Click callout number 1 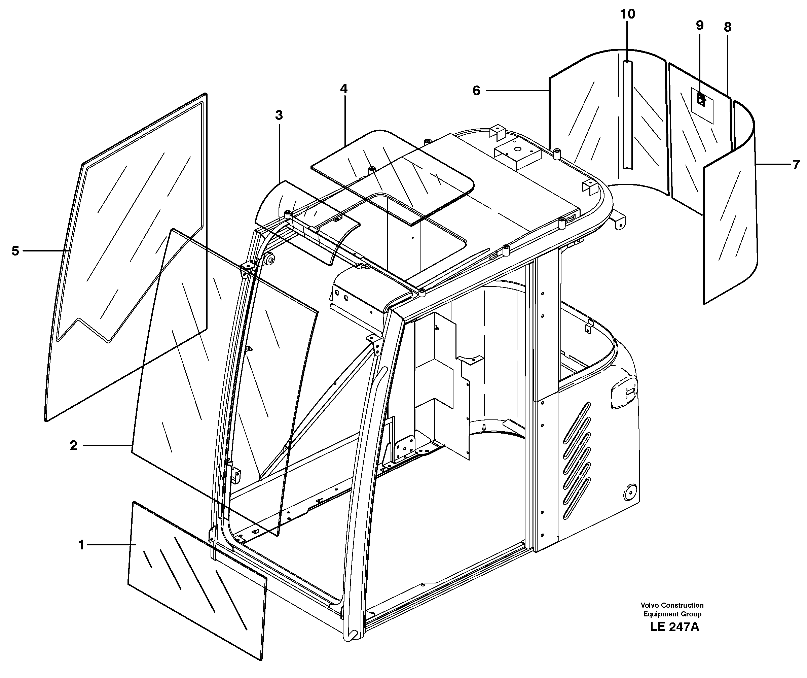click(81, 545)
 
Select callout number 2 click(73, 446)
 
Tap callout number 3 click(279, 115)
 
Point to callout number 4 click(343, 89)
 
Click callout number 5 click(15, 251)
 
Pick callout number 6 click(476, 91)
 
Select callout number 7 click(796, 165)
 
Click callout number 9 click(699, 25)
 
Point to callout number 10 click(628, 14)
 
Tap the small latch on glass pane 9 click(701, 101)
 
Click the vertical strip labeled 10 click(627, 115)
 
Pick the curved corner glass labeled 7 click(730, 215)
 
